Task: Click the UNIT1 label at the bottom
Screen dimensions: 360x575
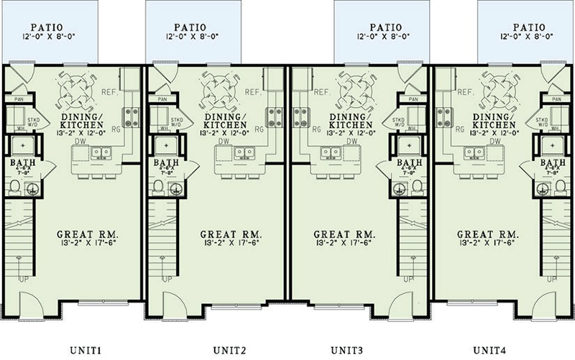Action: click(88, 350)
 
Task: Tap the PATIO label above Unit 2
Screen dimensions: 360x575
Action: click(192, 24)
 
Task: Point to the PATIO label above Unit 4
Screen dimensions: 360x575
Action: click(527, 24)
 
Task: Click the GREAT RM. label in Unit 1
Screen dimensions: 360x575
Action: click(88, 235)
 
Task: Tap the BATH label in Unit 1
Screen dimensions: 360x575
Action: click(17, 163)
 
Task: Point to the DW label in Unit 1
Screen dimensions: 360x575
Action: click(82, 142)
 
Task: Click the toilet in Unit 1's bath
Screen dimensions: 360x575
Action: click(16, 188)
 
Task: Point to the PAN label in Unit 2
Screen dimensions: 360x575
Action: click(161, 100)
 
